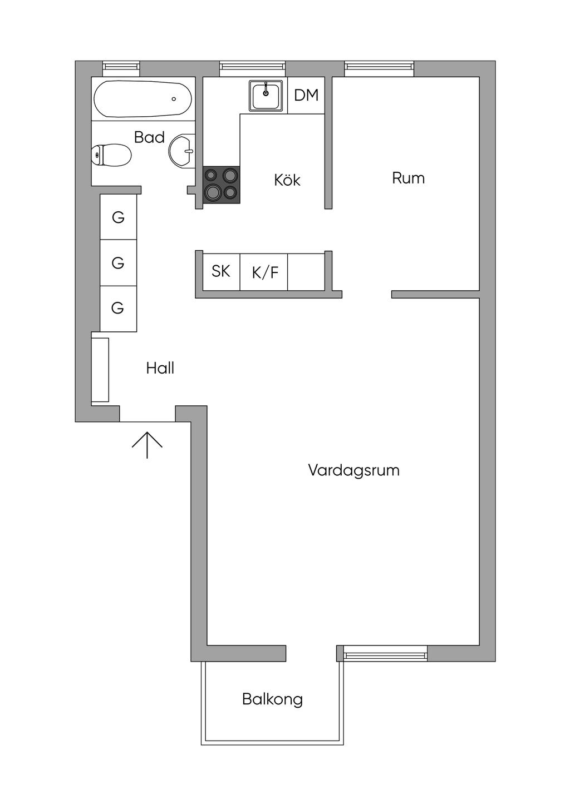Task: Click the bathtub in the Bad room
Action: [143, 99]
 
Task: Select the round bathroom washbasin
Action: [182, 150]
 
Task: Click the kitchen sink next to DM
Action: [266, 96]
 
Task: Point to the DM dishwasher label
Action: [306, 95]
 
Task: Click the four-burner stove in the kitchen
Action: [222, 185]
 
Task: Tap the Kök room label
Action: [287, 180]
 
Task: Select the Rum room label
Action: [408, 178]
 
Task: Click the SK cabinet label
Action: [221, 271]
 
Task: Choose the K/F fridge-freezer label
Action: [265, 272]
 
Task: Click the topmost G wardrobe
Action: [118, 217]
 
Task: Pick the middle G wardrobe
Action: [118, 262]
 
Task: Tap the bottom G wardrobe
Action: [118, 308]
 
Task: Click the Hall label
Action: [160, 368]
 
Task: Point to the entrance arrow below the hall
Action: [147, 444]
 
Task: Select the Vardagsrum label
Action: [353, 470]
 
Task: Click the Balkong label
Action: [272, 699]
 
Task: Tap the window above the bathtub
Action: [121, 68]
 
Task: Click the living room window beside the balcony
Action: [385, 653]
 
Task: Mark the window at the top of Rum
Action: [379, 68]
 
